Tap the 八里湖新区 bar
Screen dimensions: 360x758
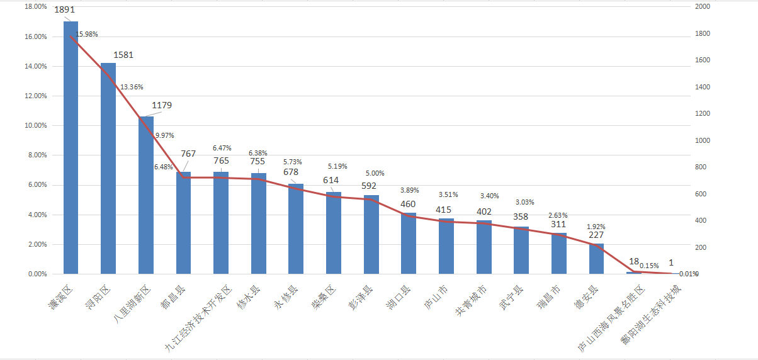(146, 195)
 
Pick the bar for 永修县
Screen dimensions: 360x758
(296, 229)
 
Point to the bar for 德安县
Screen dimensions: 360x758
(596, 259)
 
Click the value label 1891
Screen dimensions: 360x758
(64, 10)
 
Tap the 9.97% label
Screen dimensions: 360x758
(164, 135)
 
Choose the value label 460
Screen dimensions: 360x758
(408, 204)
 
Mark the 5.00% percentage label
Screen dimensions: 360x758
(375, 173)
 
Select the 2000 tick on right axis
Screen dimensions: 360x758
(701, 6)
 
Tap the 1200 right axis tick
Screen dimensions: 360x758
(701, 113)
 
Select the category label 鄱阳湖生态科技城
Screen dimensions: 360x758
(652, 315)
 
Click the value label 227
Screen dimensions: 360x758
(596, 235)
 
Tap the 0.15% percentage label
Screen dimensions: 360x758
(649, 266)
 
